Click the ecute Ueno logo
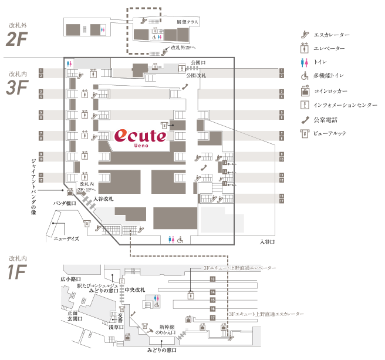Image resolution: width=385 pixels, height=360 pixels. pyautogui.click(x=141, y=137)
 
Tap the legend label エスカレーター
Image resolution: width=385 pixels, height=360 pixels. pyautogui.click(x=333, y=35)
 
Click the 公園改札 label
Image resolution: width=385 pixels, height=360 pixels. pyautogui.click(x=196, y=76)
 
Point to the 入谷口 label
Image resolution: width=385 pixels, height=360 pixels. pyautogui.click(x=267, y=241)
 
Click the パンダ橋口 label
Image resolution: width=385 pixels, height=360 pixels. pyautogui.click(x=65, y=203)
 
